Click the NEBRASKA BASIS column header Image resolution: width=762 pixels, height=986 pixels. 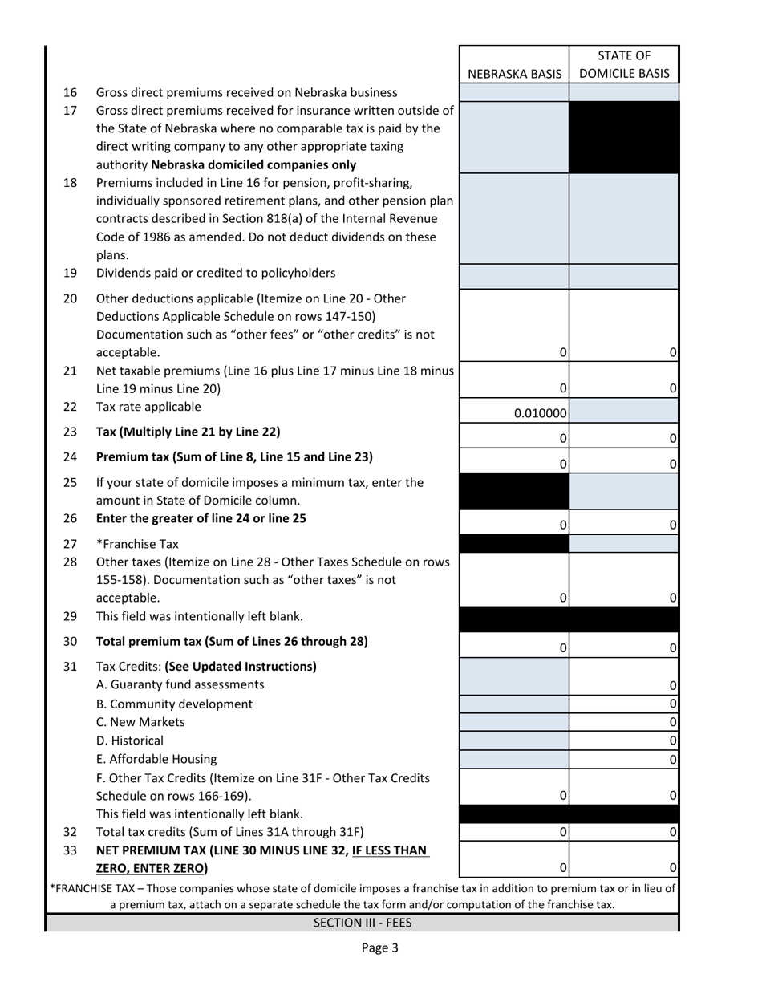pos(514,74)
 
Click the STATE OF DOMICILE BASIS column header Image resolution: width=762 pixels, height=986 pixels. pos(624,65)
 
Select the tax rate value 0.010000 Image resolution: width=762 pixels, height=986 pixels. pos(514,414)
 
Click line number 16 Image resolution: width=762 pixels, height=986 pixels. pos(70,92)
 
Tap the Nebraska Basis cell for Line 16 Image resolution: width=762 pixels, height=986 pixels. pos(514,93)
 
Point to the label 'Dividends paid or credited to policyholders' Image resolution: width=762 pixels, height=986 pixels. pos(216,273)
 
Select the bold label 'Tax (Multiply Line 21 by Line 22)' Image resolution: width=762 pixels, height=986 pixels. pos(188,432)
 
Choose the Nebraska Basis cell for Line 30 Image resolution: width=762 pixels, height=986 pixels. pos(514,647)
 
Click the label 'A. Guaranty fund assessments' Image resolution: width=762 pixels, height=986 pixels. pos(180,684)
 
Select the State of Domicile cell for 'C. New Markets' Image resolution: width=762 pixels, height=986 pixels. pos(624,722)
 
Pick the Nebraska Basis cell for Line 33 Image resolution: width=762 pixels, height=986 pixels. pos(514,858)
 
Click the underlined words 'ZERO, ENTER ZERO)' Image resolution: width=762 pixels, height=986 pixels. pos(152,868)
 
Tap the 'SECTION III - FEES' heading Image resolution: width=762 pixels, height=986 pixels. pos(363,923)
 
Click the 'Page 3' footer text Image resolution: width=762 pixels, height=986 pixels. pos(379,947)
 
